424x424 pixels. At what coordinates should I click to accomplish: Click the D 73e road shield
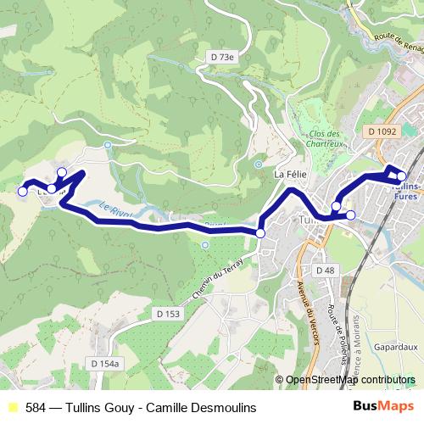coord(221,57)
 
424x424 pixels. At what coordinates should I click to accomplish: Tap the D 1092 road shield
coord(383,131)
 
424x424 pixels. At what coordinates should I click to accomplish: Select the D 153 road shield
coord(168,314)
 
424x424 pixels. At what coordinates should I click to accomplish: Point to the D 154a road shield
coord(107,363)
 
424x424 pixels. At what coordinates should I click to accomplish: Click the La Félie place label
coord(289,174)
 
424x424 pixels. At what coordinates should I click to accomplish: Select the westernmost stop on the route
coord(23,192)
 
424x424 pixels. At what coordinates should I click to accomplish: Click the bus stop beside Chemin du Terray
coord(260,233)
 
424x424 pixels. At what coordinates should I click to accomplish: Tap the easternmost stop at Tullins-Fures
coord(402,176)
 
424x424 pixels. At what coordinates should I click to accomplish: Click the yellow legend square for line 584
coord(11,408)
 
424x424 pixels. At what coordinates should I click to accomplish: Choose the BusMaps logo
coord(377,407)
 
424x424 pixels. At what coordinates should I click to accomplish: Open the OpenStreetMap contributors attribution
coord(350,380)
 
